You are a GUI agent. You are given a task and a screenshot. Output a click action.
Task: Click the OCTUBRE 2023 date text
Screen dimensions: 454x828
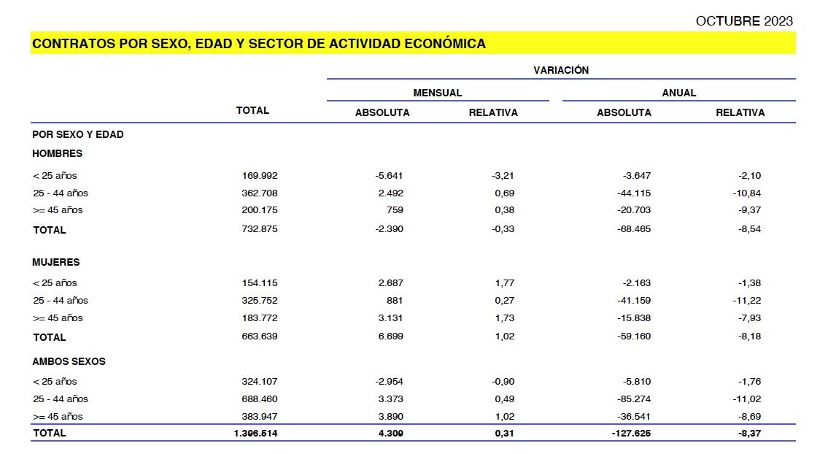[744, 21]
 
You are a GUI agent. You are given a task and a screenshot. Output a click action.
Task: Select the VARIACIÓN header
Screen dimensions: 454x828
[560, 70]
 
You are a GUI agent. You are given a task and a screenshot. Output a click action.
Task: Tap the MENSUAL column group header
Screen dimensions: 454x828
[437, 93]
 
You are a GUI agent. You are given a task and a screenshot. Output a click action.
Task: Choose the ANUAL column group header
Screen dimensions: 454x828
[678, 93]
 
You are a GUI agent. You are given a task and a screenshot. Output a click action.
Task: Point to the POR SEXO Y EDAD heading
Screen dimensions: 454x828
[77, 134]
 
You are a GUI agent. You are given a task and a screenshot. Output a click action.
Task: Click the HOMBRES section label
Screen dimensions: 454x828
[57, 153]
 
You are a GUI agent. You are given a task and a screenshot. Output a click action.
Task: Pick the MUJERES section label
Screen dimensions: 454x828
[55, 262]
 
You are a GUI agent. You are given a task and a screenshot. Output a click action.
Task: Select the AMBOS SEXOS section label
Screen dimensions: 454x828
[69, 361]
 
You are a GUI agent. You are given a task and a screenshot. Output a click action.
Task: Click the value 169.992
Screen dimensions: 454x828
[260, 175]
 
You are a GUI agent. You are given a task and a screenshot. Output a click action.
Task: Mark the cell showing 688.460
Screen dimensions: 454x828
[260, 399]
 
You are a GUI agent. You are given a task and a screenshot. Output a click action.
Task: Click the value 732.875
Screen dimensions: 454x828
[260, 228]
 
